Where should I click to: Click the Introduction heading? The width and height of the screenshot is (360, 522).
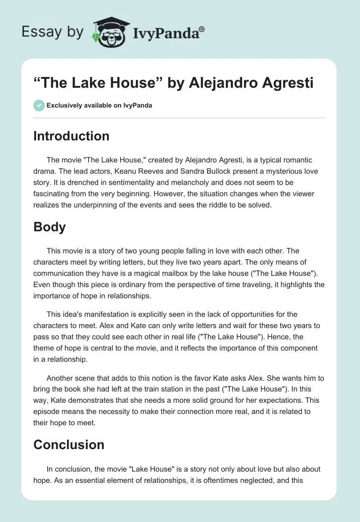click(x=71, y=136)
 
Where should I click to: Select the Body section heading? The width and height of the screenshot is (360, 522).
click(x=49, y=227)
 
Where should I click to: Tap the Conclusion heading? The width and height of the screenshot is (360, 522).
click(x=69, y=445)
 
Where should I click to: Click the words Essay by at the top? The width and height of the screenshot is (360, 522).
click(x=52, y=32)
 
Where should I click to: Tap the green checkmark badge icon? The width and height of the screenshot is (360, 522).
click(x=39, y=105)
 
